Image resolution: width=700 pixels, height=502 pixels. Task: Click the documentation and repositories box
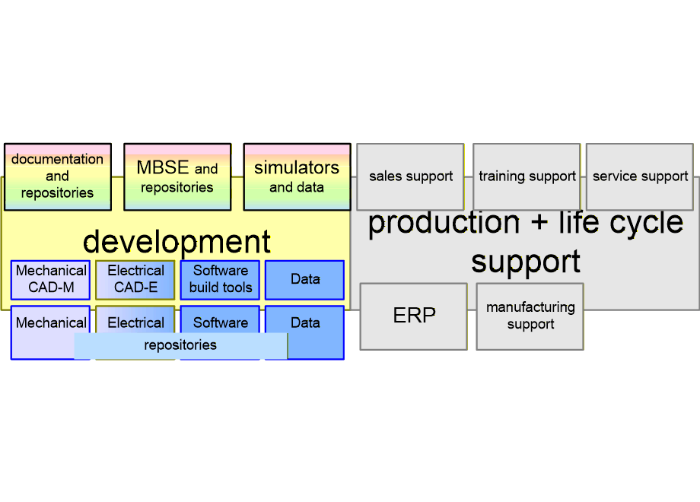(x=58, y=176)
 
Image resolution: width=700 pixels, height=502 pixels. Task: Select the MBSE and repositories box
(x=177, y=176)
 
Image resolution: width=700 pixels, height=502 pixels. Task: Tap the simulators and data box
(x=297, y=176)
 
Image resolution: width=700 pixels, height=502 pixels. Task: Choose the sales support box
(x=410, y=176)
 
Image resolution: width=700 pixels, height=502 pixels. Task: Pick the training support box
(x=527, y=176)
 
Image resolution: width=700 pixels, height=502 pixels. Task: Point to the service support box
(x=640, y=176)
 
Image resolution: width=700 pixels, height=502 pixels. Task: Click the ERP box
(x=413, y=316)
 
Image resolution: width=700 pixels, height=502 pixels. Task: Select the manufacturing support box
(x=530, y=316)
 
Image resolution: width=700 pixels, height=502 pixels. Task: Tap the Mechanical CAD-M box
(x=51, y=280)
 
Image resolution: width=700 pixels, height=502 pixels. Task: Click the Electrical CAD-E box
(x=135, y=280)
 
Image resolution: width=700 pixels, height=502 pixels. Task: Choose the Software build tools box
(x=221, y=280)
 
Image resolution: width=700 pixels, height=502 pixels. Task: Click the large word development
(x=177, y=242)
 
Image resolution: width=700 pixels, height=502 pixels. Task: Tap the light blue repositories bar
(x=180, y=345)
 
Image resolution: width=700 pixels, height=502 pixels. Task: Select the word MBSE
(x=163, y=168)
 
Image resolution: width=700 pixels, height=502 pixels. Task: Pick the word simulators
(x=297, y=167)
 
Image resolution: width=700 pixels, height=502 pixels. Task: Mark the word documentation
(x=57, y=159)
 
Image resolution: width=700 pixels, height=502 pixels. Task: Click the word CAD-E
(x=135, y=288)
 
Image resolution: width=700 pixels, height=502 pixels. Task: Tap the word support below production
(x=526, y=261)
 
